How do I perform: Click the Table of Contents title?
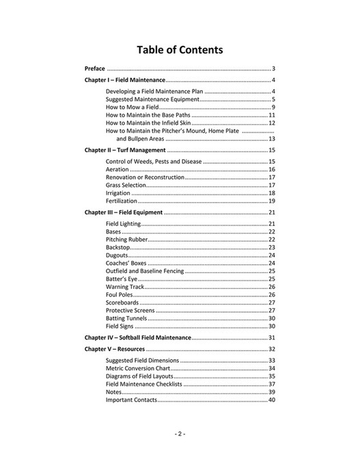click(x=180, y=50)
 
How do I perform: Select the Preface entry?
click(x=95, y=69)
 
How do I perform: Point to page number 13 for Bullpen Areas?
click(x=271, y=139)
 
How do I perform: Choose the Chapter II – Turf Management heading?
click(x=125, y=150)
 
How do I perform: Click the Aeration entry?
click(x=117, y=169)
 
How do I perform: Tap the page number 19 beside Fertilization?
click(x=271, y=201)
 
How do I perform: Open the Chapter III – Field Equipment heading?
click(x=124, y=212)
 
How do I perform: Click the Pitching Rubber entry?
click(x=126, y=240)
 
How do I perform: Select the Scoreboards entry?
click(x=122, y=302)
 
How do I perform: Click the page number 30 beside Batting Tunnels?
click(x=271, y=318)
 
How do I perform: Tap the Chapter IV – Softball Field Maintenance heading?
click(x=137, y=337)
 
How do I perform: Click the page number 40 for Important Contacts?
click(x=271, y=400)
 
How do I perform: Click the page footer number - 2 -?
click(x=180, y=434)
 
